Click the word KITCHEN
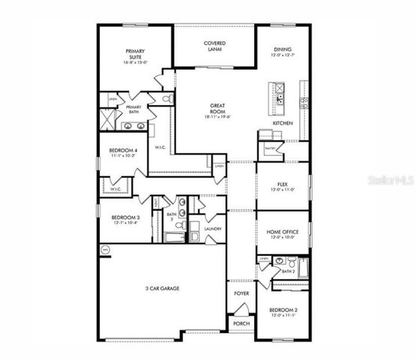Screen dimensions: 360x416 point(282,121)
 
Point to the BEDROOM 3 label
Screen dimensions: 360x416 point(116,219)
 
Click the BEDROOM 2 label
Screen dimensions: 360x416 point(283,312)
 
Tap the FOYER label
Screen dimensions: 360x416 point(241,294)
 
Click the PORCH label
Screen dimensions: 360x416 point(241,323)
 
